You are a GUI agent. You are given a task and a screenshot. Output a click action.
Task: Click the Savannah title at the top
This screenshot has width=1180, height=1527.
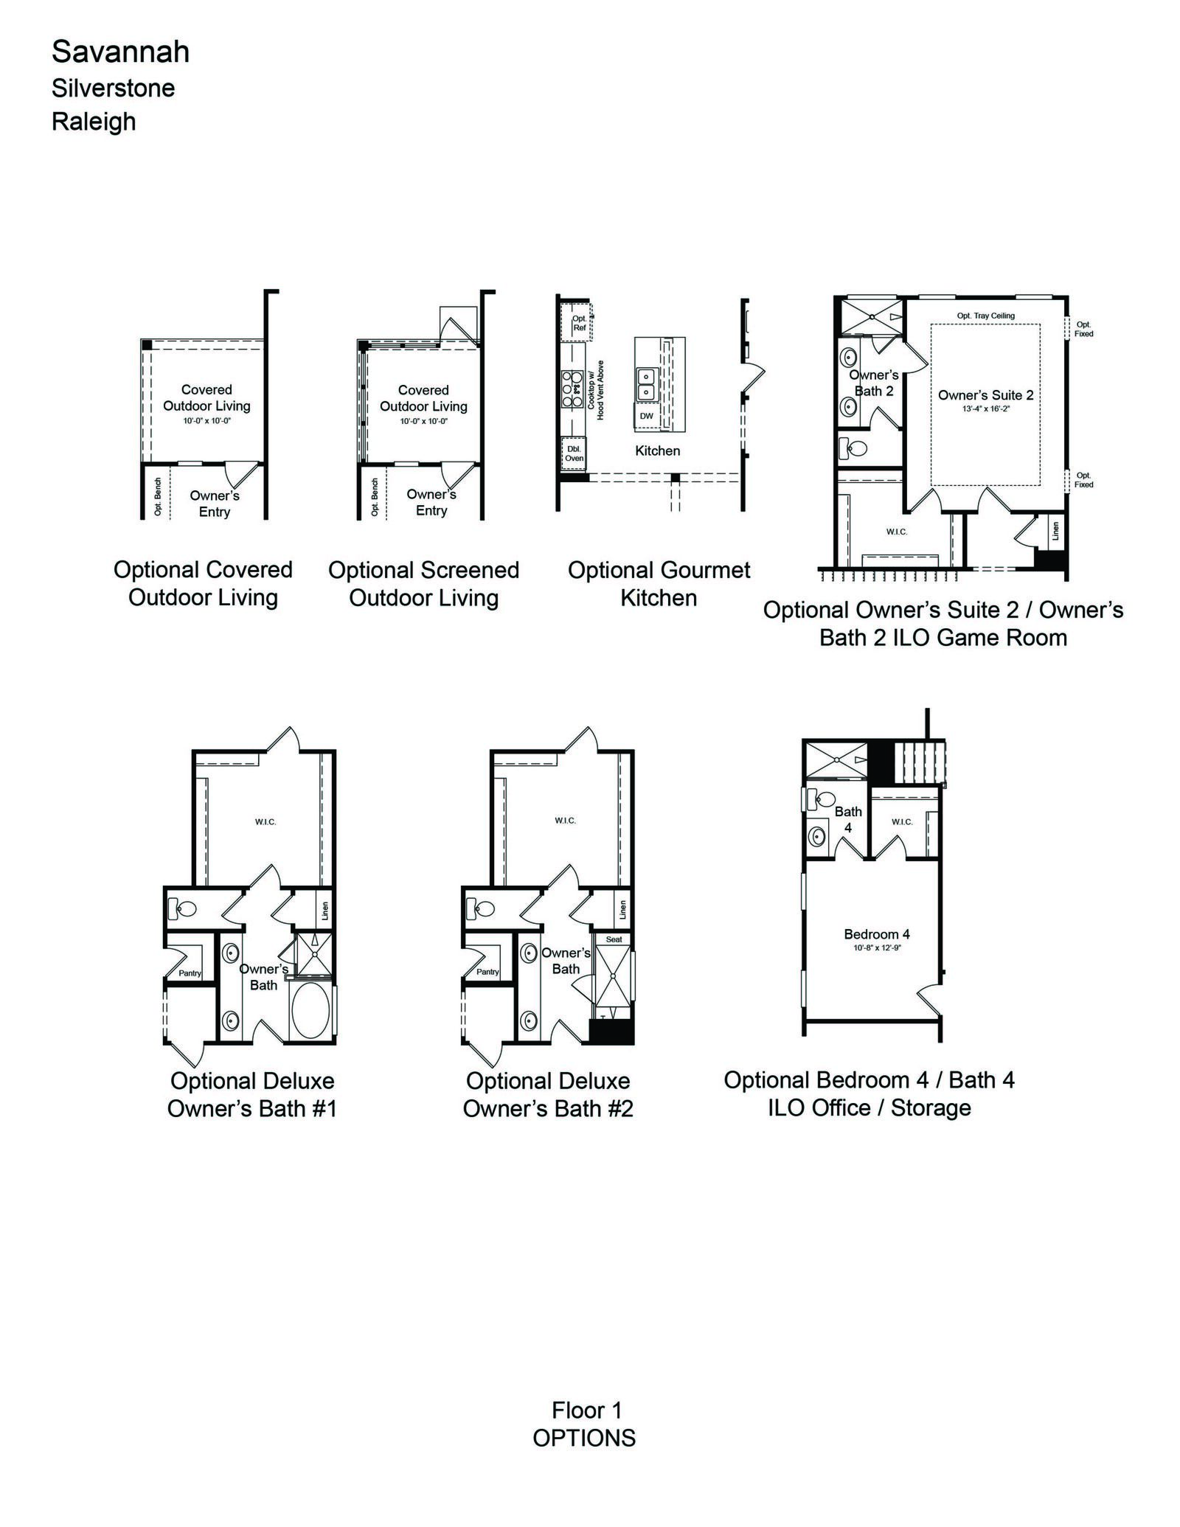(120, 52)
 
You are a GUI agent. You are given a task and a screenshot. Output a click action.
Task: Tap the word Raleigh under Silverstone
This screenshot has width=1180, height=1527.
(94, 121)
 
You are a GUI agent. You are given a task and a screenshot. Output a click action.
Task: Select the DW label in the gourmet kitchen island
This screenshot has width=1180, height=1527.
(647, 416)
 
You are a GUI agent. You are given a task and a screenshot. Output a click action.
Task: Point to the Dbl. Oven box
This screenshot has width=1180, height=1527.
(574, 453)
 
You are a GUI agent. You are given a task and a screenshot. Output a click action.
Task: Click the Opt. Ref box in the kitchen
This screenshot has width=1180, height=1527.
(578, 323)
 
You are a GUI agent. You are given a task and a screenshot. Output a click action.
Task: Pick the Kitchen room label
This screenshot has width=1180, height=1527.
(658, 451)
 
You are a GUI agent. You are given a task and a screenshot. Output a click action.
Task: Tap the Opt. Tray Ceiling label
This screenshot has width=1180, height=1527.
(986, 316)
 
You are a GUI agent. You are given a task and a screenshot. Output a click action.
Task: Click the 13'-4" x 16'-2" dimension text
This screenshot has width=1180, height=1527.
(985, 408)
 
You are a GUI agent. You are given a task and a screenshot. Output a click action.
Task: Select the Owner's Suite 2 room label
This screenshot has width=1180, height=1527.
(985, 394)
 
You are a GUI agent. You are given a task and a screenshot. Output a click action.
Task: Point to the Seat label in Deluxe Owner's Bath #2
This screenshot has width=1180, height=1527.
(614, 939)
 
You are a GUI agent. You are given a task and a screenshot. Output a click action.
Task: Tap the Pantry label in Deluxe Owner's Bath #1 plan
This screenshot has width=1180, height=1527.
(190, 973)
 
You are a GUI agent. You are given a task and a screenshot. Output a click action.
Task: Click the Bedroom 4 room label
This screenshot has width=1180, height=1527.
(877, 934)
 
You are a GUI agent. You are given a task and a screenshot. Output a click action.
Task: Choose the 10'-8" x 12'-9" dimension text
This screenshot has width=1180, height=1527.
(878, 947)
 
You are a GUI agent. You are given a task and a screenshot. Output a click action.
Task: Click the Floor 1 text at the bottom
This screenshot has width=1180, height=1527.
(587, 1411)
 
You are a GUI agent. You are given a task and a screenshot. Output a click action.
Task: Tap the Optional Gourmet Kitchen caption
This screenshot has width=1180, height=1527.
(659, 583)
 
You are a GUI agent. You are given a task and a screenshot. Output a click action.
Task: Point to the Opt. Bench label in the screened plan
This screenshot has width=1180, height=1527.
(375, 497)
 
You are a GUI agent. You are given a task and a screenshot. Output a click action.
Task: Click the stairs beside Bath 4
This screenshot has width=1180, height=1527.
(920, 764)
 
